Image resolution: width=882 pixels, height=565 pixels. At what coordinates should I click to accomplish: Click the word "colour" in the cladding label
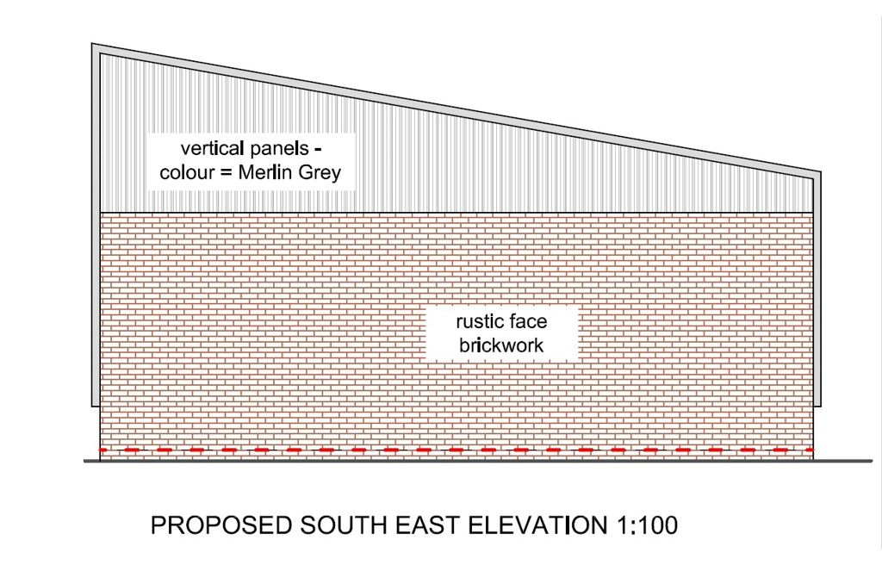[187, 173]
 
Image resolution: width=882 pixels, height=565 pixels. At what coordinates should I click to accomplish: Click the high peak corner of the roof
[94, 45]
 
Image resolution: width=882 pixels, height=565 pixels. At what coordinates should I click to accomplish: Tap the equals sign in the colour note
[230, 174]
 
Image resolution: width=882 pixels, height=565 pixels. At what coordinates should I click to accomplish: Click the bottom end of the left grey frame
[96, 404]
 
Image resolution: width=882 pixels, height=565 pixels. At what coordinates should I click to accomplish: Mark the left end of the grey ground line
[84, 461]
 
